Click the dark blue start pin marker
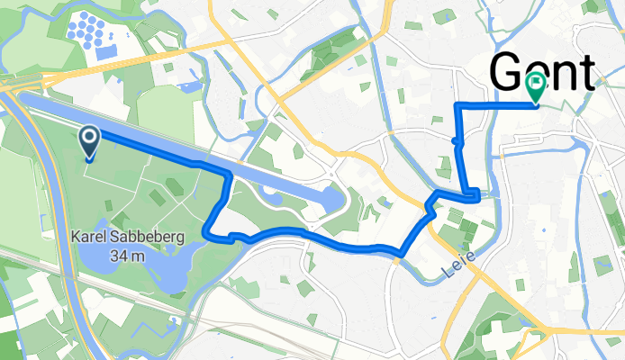tap(91, 140)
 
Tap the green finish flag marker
tap(535, 86)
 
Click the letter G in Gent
tap(509, 72)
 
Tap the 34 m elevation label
tap(130, 256)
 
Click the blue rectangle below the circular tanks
tap(106, 52)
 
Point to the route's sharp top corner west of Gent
tap(459, 106)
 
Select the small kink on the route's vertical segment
tap(458, 141)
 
